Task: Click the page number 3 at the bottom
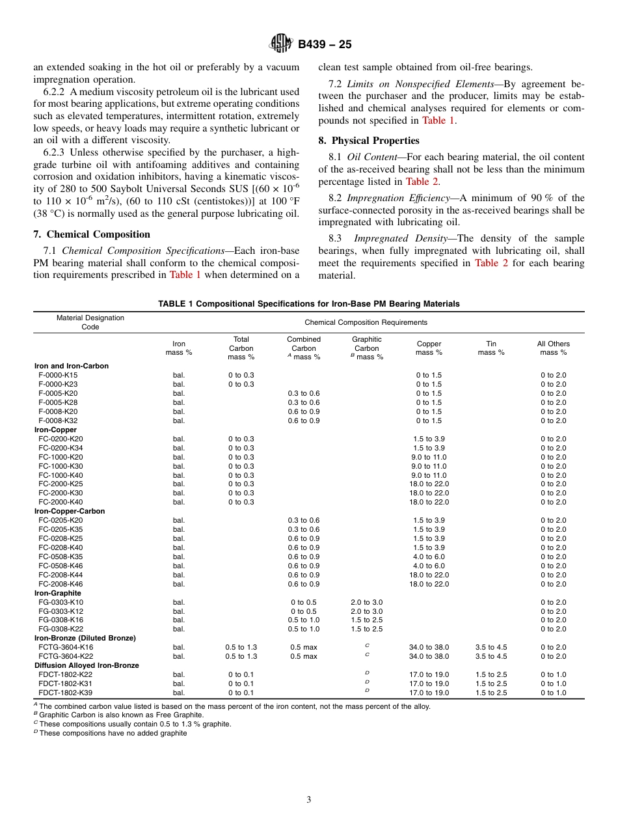click(x=309, y=799)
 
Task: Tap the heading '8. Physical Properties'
click(x=369, y=141)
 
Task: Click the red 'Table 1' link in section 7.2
click(x=434, y=120)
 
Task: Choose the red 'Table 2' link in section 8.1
click(x=422, y=182)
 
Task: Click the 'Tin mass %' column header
click(x=491, y=348)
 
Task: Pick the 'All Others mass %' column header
click(x=553, y=348)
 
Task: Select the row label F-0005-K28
click(x=58, y=402)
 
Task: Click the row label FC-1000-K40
click(x=60, y=475)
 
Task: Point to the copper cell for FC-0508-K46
click(x=429, y=566)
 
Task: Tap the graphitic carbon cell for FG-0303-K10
click(x=366, y=602)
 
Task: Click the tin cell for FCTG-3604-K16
click(x=491, y=647)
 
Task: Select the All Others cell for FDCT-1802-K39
click(x=553, y=693)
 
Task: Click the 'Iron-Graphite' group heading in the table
click(x=58, y=593)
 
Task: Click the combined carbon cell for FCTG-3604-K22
click(x=304, y=656)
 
